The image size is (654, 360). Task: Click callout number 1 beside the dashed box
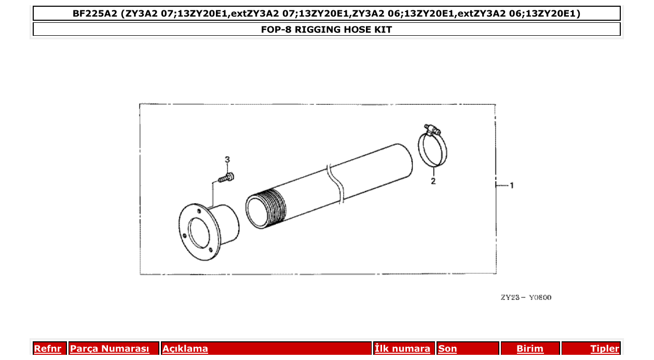511,185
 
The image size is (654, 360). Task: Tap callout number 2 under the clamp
433,181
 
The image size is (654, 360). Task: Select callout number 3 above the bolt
227,159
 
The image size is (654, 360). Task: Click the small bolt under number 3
226,178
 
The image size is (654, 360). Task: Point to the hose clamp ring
433,150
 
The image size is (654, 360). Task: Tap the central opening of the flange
198,233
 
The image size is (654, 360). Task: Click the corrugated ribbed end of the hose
274,207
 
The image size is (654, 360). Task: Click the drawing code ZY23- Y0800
526,297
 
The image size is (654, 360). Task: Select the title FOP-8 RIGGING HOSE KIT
326,30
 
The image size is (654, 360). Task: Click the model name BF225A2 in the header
95,13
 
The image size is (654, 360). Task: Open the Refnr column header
47,349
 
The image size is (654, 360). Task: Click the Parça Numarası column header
110,349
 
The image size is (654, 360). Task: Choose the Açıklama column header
185,349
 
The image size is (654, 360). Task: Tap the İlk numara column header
402,349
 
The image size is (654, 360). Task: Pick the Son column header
447,349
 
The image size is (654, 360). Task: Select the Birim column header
530,349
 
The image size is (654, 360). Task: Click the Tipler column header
605,349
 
